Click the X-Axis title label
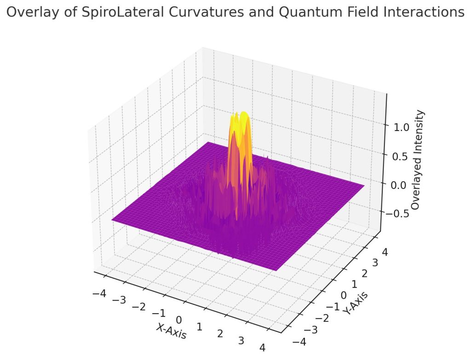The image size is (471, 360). point(172,331)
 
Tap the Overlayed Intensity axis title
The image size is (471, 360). point(417,160)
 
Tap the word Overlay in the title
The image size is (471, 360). point(29,12)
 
